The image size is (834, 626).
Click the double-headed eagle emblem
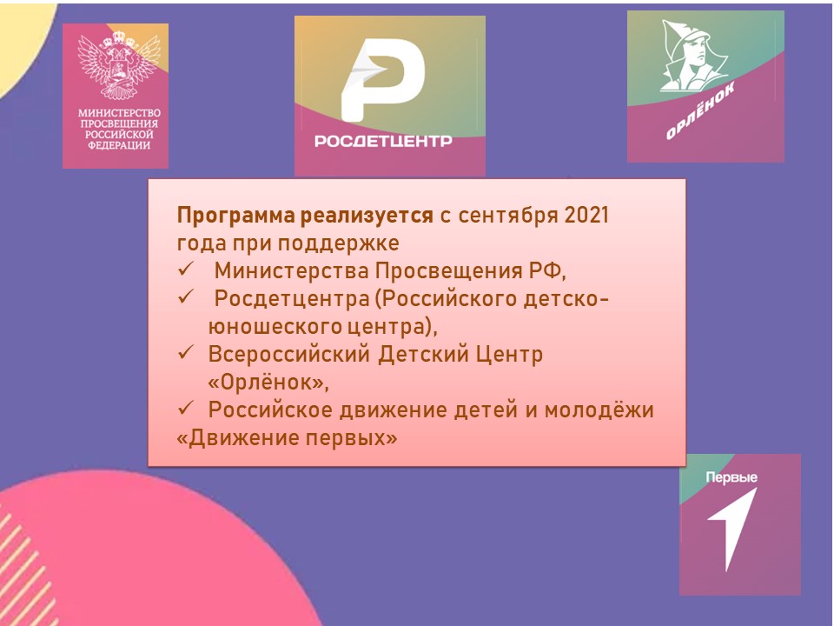pyautogui.click(x=119, y=65)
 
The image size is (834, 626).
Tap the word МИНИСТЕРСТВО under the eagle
pyautogui.click(x=119, y=113)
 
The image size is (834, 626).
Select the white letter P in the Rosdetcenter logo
pyautogui.click(x=382, y=79)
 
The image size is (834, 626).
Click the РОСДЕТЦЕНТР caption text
pyautogui.click(x=383, y=141)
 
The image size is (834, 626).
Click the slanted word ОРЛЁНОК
pyautogui.click(x=700, y=110)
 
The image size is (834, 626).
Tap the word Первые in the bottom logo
pyautogui.click(x=731, y=477)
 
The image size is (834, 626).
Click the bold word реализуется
pyautogui.click(x=367, y=216)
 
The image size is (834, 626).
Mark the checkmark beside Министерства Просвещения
pyautogui.click(x=185, y=270)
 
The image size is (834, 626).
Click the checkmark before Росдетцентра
pyautogui.click(x=185, y=297)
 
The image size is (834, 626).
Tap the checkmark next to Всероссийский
pyautogui.click(x=185, y=353)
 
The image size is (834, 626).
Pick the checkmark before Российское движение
pyautogui.click(x=185, y=409)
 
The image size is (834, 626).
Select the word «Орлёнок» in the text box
pyautogui.click(x=268, y=383)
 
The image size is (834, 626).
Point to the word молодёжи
pyautogui.click(x=599, y=410)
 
